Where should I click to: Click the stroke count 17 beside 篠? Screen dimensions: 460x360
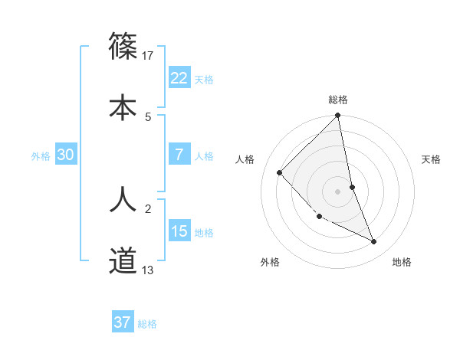tap(149, 55)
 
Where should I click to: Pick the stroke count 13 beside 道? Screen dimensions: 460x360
tap(149, 270)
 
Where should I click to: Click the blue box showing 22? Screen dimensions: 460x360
tap(179, 77)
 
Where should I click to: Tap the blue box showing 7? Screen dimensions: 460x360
tap(179, 154)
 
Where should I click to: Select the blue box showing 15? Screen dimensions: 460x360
tap(179, 231)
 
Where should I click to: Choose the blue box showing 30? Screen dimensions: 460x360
tap(66, 154)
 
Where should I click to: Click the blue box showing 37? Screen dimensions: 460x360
tap(122, 322)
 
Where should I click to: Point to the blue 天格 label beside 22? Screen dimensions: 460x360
tap(204, 79)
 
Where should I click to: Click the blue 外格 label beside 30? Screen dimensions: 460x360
tap(41, 155)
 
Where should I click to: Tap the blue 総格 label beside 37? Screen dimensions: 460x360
tap(147, 324)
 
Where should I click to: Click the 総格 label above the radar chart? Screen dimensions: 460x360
tap(338, 100)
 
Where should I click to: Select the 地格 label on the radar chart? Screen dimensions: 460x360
tap(402, 262)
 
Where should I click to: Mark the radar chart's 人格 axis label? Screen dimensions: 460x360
tap(245, 160)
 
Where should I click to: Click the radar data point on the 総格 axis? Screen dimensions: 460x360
tap(338, 116)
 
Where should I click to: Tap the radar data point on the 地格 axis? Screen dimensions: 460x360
tap(374, 241)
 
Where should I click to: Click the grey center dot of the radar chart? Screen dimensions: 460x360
tap(338, 191)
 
